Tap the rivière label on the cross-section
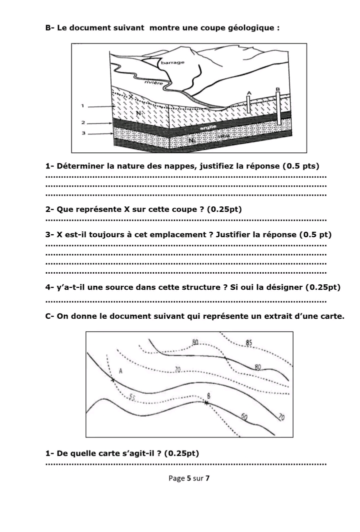tap(152, 83)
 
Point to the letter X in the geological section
tap(131, 96)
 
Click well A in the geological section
tap(248, 103)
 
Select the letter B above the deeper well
tap(277, 89)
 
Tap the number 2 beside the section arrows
tap(83, 122)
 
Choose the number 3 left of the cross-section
tap(83, 133)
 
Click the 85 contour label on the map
tap(248, 343)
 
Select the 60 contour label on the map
tap(244, 416)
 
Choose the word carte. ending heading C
tap(330, 316)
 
